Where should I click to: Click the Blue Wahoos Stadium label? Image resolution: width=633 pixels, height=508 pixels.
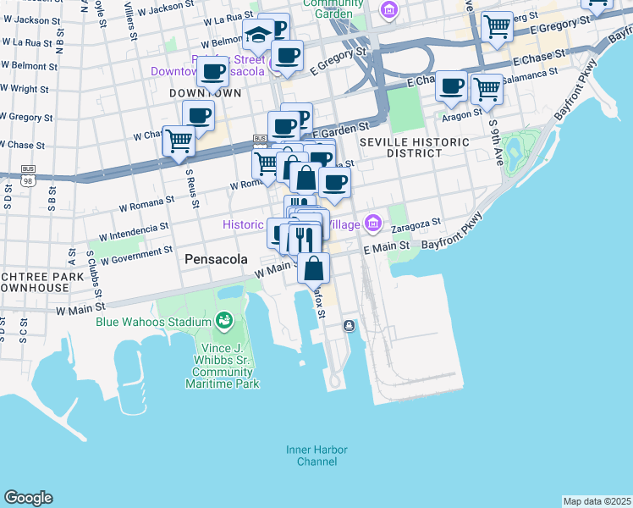point(153,322)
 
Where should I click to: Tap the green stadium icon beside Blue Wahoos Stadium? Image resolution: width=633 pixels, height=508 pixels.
point(224,321)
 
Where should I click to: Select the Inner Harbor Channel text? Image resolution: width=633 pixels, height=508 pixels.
point(316,456)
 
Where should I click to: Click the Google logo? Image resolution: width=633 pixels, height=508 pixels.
point(28,498)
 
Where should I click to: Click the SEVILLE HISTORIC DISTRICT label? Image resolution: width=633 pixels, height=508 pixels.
point(401,147)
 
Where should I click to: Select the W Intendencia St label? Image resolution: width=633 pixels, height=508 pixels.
point(134,229)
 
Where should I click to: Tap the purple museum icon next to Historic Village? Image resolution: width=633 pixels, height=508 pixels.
point(373,224)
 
